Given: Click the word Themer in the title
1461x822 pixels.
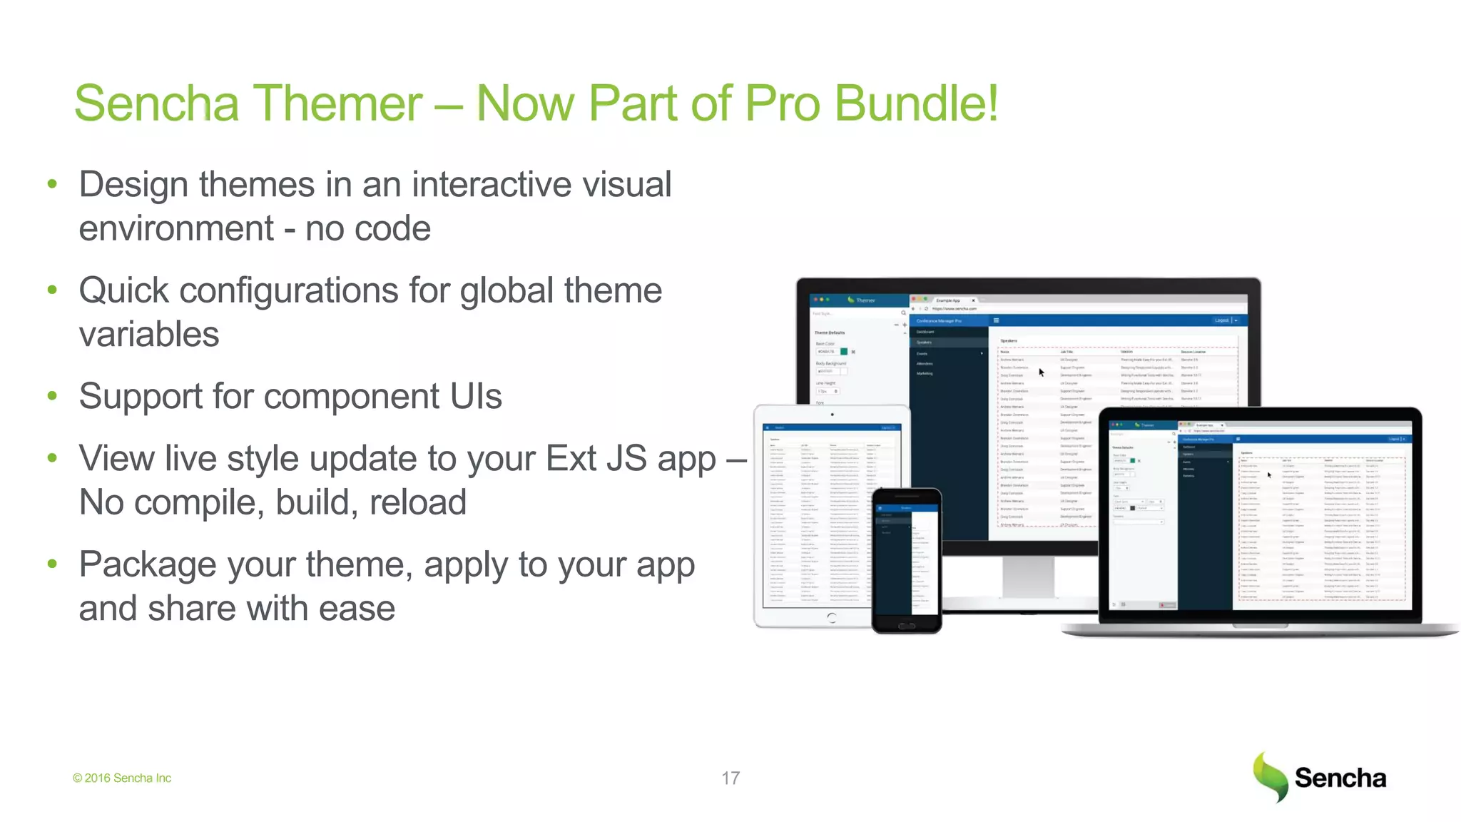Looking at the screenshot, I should [337, 103].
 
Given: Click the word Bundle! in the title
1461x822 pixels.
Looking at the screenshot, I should [916, 103].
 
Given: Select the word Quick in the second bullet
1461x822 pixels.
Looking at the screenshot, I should [123, 291].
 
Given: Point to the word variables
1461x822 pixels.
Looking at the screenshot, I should [148, 335].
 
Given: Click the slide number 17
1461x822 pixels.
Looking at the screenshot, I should [730, 778].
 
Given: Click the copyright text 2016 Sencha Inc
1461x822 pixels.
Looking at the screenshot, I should [127, 778].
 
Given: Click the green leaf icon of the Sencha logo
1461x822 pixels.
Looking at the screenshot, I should [1270, 776].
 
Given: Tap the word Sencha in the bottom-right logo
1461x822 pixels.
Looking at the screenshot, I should [1340, 778].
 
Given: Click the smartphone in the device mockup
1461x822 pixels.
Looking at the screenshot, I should [906, 560].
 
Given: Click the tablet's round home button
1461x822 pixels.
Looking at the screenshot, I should [832, 618].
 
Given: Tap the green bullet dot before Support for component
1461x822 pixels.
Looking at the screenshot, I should [52, 396].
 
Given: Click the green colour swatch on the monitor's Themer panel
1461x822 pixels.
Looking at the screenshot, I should [844, 352].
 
